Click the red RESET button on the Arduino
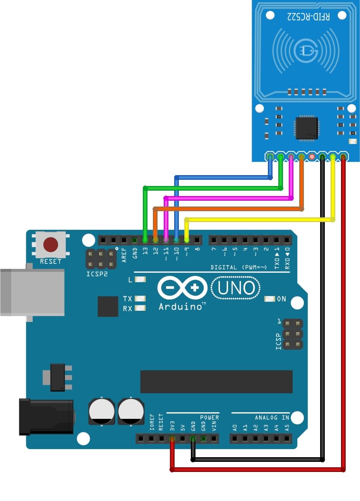51,245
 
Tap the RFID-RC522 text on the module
309,16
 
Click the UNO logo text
236,288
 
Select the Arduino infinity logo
182,288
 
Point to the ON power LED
270,299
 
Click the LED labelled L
140,279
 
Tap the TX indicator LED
140,298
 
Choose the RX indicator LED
140,308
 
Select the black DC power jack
46,417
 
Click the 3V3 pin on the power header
172,439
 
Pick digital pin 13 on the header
145,241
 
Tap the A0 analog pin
235,439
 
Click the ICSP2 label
97,274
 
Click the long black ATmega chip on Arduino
216,382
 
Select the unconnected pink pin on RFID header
312,157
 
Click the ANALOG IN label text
272,417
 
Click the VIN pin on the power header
214,439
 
